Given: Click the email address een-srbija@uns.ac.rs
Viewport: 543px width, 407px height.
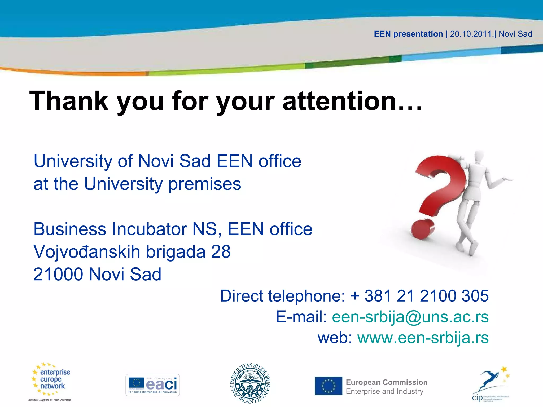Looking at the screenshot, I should [x=410, y=317].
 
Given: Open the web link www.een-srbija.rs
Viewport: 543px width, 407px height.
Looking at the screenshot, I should [x=423, y=338].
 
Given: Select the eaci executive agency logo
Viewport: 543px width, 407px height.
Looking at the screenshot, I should [x=152, y=385].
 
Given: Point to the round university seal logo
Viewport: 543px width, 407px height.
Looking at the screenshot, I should [x=251, y=383].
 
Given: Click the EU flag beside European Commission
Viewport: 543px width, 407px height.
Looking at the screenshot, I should [x=328, y=386].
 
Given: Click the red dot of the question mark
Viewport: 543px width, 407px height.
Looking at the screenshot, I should [x=423, y=229].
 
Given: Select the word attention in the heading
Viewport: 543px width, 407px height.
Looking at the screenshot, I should [x=339, y=101].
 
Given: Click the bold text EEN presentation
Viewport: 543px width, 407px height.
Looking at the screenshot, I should [x=408, y=34].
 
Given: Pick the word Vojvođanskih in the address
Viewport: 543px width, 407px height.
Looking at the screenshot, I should [x=87, y=251].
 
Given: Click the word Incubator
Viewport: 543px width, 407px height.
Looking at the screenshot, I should [x=150, y=229].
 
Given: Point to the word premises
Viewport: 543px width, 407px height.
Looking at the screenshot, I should [x=205, y=184].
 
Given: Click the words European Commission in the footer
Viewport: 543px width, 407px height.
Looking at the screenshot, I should [x=387, y=382].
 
